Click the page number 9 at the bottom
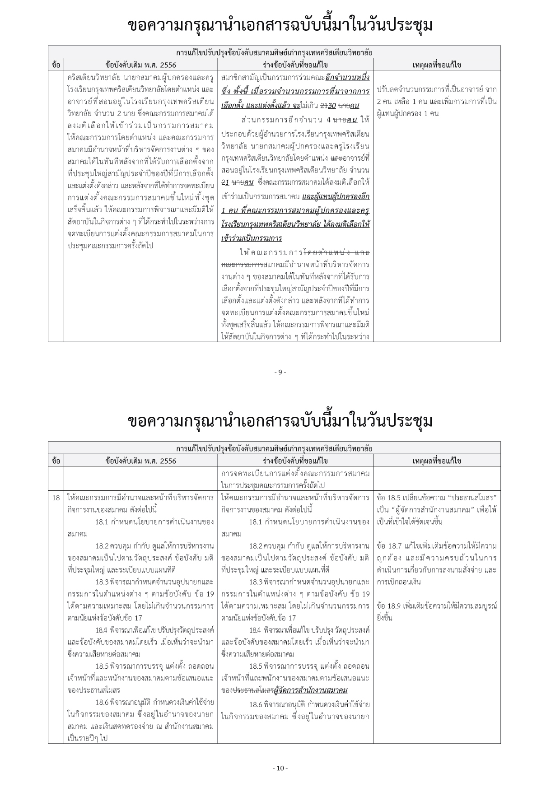[x=280, y=372]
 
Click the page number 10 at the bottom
[x=280, y=768]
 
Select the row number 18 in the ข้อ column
[x=56, y=498]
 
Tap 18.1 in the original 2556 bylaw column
[x=102, y=522]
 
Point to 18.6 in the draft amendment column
[x=256, y=704]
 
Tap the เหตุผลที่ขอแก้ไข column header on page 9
[x=437, y=65]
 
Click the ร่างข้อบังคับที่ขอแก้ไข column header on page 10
[x=295, y=461]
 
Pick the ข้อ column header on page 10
[x=56, y=461]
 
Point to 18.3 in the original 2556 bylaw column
[x=102, y=582]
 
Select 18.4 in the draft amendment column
[x=256, y=630]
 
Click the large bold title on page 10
[x=280, y=421]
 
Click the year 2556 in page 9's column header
[x=168, y=65]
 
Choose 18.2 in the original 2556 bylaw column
[x=102, y=546]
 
